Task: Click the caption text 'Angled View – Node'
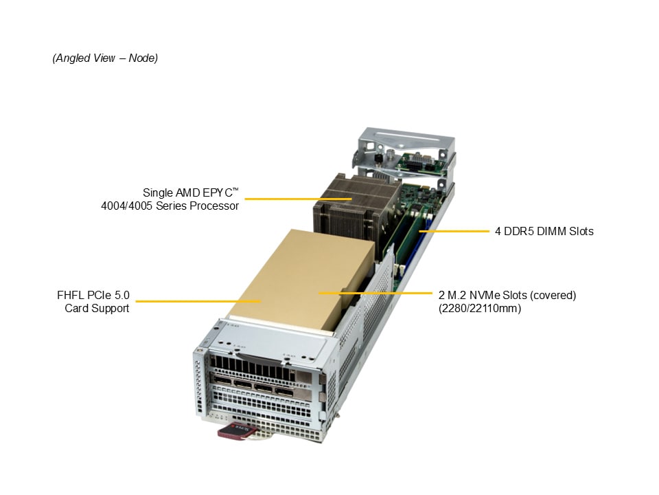(105, 58)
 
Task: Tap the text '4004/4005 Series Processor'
(170, 206)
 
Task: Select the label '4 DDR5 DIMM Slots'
(544, 231)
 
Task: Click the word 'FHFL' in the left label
(73, 296)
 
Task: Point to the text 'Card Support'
(97, 308)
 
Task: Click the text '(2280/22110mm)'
(480, 308)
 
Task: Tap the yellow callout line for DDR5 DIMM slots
(453, 231)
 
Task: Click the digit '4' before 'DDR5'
(498, 231)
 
